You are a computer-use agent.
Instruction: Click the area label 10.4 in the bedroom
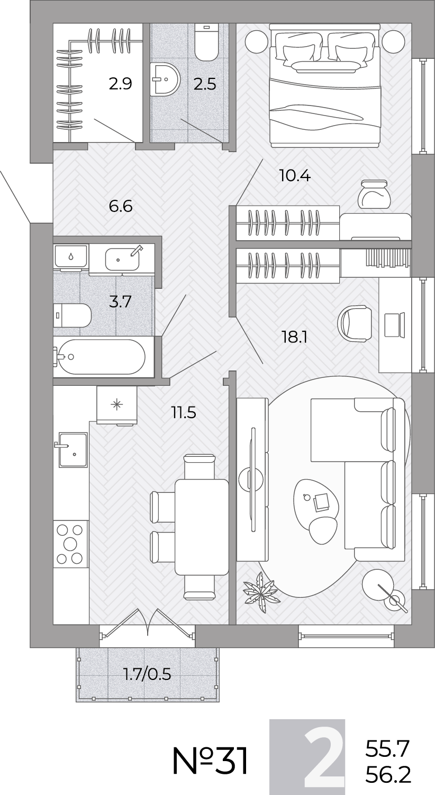click(295, 175)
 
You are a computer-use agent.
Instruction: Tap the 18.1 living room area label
click(294, 337)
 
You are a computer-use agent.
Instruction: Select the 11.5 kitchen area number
click(184, 413)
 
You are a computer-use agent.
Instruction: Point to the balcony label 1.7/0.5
click(147, 674)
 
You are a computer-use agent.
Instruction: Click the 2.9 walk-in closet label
click(121, 84)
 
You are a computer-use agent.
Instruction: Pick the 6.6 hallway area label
click(121, 206)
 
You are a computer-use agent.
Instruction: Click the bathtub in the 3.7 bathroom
click(99, 356)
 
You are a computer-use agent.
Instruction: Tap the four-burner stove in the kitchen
click(70, 544)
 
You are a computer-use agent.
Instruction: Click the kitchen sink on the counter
click(72, 449)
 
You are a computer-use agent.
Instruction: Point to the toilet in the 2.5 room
click(206, 42)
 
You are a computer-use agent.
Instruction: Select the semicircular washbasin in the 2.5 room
click(165, 79)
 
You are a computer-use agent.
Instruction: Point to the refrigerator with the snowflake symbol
click(116, 405)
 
